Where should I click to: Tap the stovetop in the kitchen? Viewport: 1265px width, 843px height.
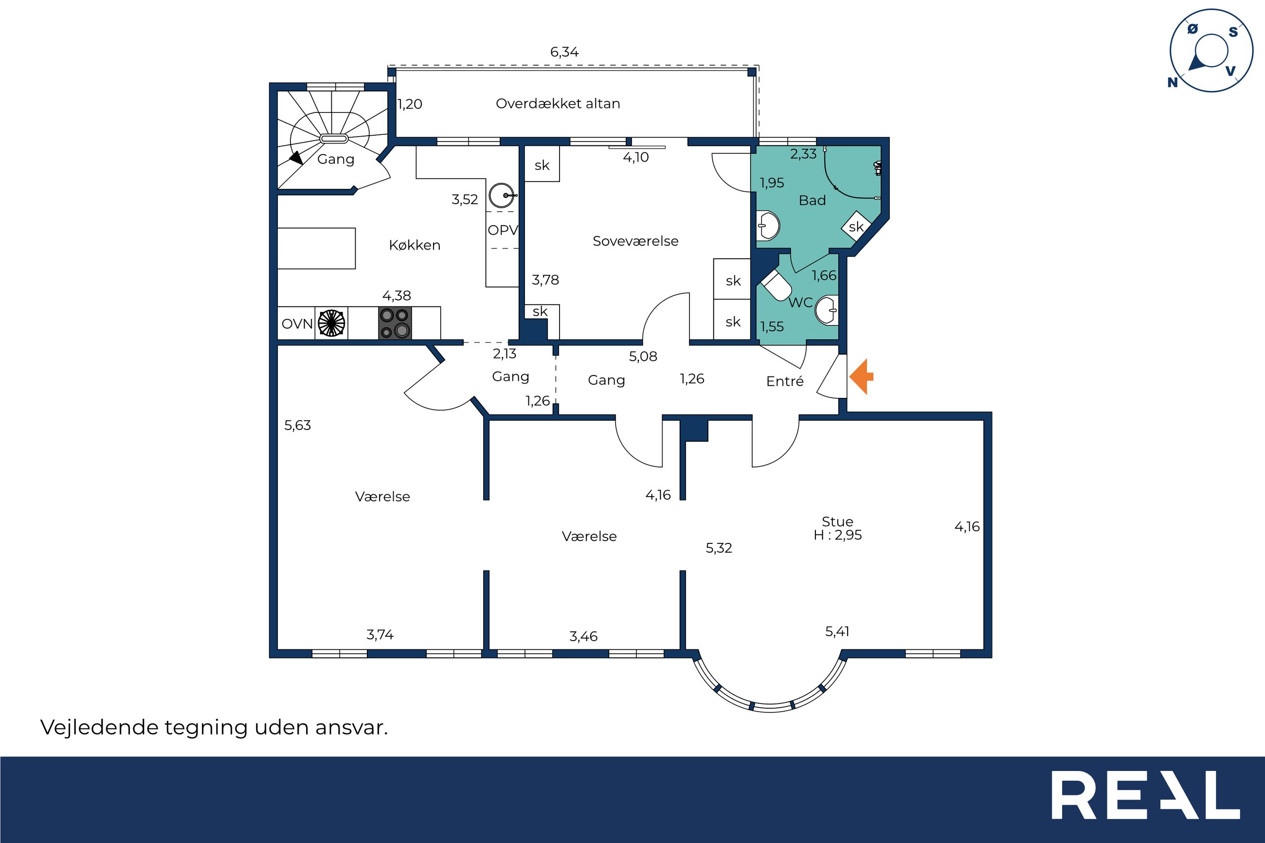click(x=395, y=323)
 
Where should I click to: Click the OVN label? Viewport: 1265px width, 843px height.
click(x=297, y=323)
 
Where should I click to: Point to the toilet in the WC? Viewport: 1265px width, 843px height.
click(x=775, y=285)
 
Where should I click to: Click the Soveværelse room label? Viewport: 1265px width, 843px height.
click(x=635, y=241)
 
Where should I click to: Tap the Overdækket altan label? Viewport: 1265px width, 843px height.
click(x=558, y=103)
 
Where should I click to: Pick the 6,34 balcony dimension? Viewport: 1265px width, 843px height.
click(x=564, y=52)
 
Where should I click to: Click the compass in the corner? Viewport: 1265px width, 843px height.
click(x=1211, y=51)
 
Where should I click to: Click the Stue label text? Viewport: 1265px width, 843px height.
click(x=837, y=521)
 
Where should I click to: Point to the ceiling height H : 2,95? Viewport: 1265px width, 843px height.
click(x=838, y=535)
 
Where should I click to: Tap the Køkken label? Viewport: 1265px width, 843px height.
click(x=415, y=245)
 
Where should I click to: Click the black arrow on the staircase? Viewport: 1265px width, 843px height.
click(x=295, y=158)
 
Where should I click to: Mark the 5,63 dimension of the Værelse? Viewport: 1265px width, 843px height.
click(x=297, y=425)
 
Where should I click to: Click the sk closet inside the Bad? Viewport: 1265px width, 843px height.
click(x=856, y=227)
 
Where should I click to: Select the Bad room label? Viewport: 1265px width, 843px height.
click(x=812, y=200)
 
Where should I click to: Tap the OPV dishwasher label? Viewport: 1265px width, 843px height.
click(x=503, y=230)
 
